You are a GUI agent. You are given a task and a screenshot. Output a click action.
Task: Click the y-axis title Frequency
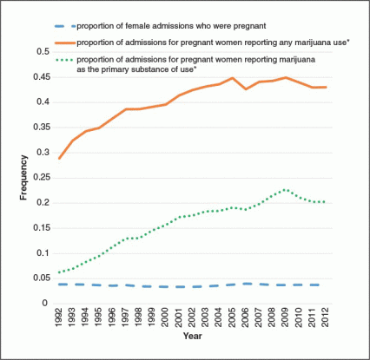[x=23, y=178]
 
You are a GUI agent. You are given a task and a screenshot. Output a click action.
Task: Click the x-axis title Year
[x=193, y=336]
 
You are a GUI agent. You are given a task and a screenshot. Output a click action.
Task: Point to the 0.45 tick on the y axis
[x=42, y=77]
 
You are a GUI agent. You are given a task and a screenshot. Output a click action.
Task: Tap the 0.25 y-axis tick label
[x=42, y=178]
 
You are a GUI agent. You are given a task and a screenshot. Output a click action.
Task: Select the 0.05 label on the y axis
[x=42, y=278]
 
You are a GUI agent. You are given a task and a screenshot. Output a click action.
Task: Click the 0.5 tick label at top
[x=43, y=52]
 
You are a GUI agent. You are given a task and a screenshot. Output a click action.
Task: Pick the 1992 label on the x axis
[x=59, y=317]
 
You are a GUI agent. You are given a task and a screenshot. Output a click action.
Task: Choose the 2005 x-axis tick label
[x=232, y=317]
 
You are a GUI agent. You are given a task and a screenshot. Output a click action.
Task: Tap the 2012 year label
[x=326, y=317]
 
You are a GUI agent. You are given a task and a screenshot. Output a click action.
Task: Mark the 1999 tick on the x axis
[x=152, y=317]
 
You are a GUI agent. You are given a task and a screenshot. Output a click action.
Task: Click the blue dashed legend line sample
[x=65, y=26]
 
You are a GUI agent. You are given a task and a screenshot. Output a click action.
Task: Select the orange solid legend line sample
[x=65, y=43]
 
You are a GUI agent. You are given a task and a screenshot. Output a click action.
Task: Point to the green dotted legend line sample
[x=64, y=60]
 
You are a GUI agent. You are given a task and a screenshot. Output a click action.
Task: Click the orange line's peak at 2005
[x=232, y=78]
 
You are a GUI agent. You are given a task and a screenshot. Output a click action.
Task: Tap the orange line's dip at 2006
[x=246, y=88]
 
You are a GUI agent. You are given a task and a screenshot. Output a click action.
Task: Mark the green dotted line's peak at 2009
[x=286, y=190]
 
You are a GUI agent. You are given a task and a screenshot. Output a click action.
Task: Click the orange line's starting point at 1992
[x=59, y=159]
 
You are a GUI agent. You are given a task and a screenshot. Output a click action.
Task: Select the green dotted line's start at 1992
[x=59, y=272]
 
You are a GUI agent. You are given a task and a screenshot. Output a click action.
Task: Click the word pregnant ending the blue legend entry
[x=250, y=26]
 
